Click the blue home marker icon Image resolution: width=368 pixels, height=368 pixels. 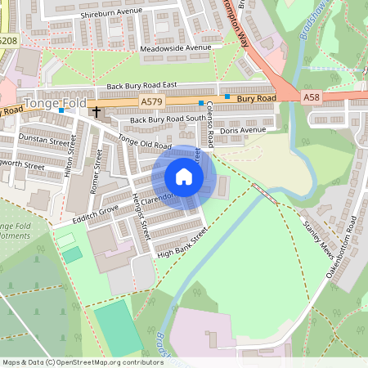[184, 176]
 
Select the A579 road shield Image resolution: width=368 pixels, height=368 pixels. [151, 101]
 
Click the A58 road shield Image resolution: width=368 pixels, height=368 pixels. [311, 97]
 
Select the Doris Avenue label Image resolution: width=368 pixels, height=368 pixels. [243, 130]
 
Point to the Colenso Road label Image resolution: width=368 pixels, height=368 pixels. [209, 123]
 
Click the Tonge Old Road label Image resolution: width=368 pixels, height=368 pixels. [144, 144]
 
